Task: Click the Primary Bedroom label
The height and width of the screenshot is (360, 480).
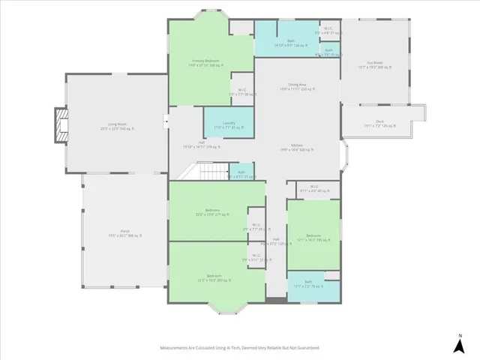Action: point(205,63)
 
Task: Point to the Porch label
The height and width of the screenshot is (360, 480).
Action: point(124,233)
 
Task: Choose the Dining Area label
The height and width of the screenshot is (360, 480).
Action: point(297,87)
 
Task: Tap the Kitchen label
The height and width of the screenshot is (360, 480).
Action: point(297,148)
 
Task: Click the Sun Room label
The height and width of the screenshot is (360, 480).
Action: point(375,64)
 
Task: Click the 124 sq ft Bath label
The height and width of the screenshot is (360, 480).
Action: point(289,43)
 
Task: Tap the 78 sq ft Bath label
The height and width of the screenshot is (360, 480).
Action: point(309,285)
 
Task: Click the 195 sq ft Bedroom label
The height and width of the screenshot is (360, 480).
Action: point(313,238)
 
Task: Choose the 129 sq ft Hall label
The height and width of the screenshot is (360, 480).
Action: point(274,241)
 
